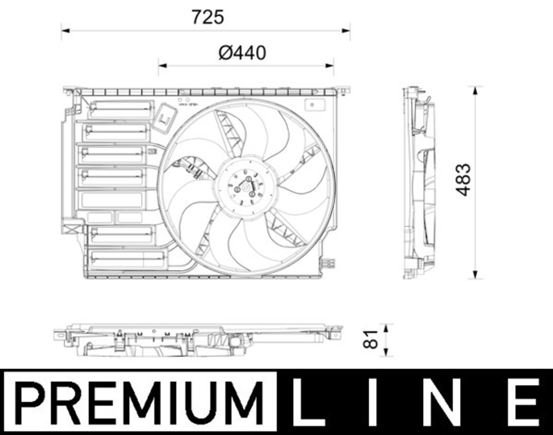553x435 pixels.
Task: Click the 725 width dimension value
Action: [207, 17]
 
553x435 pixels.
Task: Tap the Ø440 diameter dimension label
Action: [242, 53]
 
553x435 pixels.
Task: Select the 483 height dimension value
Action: [463, 179]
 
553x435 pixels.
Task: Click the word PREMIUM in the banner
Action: [138, 402]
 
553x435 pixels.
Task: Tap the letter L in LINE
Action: [309, 402]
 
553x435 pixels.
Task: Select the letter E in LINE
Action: [523, 402]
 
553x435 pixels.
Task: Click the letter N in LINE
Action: [447, 402]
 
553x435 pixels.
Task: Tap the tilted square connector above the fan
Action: [164, 118]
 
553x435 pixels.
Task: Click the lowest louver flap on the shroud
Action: [128, 258]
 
